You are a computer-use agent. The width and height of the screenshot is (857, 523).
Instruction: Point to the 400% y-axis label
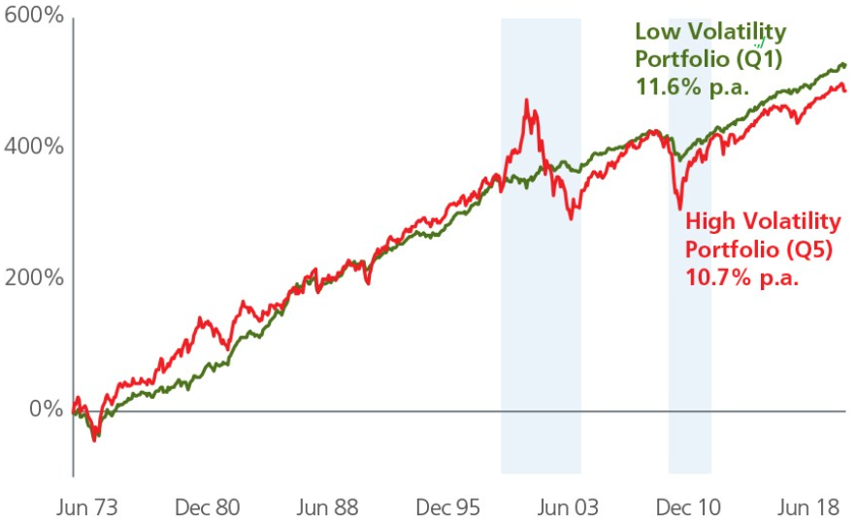(32, 147)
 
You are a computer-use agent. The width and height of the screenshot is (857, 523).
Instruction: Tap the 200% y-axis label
(32, 278)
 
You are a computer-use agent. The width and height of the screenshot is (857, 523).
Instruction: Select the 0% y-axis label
(44, 409)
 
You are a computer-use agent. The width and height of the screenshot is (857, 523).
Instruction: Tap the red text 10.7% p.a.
(729, 275)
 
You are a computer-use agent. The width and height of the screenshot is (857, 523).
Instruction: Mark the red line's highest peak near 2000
(527, 100)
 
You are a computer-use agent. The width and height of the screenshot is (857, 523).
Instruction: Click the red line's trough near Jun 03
(572, 218)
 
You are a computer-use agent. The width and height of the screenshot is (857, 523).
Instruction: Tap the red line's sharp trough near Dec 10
(679, 208)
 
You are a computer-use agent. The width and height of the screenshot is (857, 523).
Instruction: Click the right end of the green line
(845, 65)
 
